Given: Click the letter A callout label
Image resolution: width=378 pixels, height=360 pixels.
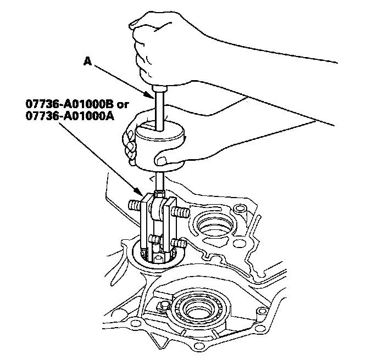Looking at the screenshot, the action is coord(87,61).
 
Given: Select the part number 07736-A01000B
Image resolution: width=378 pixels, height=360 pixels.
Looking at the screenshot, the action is coord(70,104).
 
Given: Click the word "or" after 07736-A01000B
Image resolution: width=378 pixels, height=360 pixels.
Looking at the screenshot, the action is coord(123,105).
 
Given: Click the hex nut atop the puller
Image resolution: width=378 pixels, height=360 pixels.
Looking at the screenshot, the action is coord(160,193).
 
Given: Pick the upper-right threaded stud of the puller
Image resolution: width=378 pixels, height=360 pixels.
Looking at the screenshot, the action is coord(181,212).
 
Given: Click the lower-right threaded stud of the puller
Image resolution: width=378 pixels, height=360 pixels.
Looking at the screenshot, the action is coord(179,244).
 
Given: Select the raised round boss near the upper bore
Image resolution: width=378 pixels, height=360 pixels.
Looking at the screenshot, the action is coord(240,209).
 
